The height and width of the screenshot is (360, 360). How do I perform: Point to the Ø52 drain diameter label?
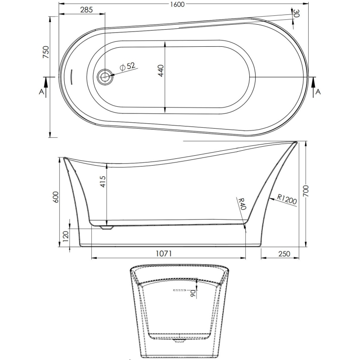[x=127, y=66]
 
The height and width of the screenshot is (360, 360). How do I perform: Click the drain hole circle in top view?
[x=105, y=76]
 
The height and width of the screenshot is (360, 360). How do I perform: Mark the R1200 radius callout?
[x=287, y=199]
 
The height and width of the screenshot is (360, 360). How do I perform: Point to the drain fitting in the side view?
[x=107, y=228]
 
